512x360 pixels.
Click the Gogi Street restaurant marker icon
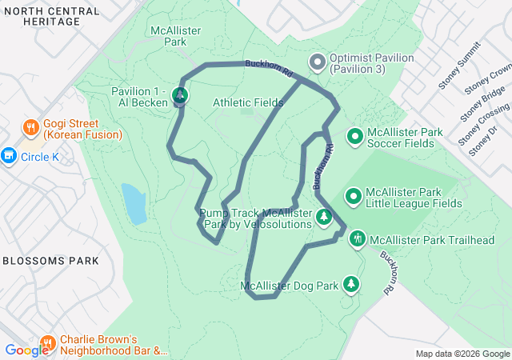tap(30, 127)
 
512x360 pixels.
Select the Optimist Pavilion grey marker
tap(317, 62)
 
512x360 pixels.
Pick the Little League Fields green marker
tap(353, 196)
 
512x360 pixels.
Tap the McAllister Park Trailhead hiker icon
tap(358, 238)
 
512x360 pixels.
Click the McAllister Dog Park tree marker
tap(350, 284)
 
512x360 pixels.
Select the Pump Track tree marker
tap(324, 217)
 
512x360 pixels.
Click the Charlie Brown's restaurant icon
tap(48, 344)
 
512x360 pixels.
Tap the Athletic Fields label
tap(248, 102)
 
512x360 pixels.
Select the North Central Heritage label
tap(51, 16)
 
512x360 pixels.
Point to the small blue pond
tap(134, 203)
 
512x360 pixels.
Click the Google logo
tap(26, 350)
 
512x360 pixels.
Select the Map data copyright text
tap(462, 354)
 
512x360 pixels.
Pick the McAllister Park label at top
tap(174, 35)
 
